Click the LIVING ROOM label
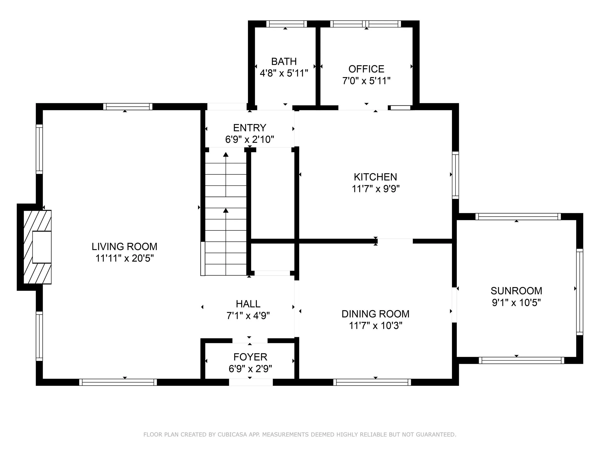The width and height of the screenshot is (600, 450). click(x=125, y=246)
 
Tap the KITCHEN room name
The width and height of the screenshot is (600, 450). click(x=375, y=177)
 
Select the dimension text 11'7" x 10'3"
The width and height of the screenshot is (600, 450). click(x=375, y=325)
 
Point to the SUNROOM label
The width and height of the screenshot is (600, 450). click(x=516, y=291)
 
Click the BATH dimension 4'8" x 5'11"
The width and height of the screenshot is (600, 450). click(x=284, y=73)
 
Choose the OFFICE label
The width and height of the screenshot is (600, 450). click(x=366, y=69)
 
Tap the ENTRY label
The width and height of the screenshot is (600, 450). click(x=250, y=128)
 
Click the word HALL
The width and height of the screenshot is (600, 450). click(x=248, y=304)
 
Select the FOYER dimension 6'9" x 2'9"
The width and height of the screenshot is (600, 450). click(x=250, y=369)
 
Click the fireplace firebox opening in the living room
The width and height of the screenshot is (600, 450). click(x=42, y=247)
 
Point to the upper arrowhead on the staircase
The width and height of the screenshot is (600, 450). click(x=226, y=155)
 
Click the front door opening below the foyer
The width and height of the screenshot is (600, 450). click(x=251, y=382)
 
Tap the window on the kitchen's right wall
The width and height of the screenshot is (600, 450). click(x=456, y=175)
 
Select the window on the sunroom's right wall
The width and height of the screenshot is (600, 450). click(x=580, y=292)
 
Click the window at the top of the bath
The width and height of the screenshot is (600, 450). click(x=286, y=24)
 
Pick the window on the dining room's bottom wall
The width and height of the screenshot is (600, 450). click(x=372, y=382)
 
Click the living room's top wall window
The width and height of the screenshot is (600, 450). click(x=128, y=107)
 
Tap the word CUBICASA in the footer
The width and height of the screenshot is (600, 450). click(x=232, y=435)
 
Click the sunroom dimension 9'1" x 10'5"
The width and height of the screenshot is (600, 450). click(x=516, y=303)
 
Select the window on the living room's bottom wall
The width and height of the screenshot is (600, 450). click(x=118, y=382)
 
